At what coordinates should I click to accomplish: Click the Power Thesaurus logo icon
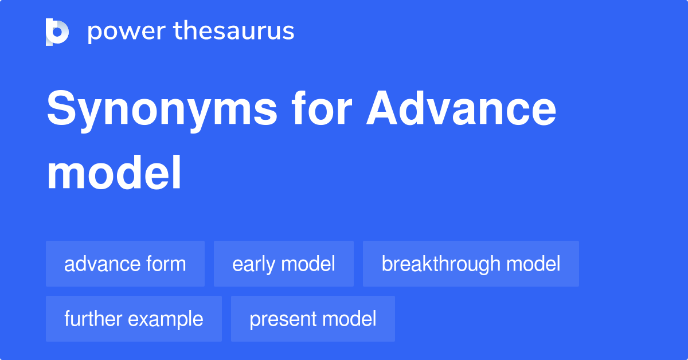tap(57, 32)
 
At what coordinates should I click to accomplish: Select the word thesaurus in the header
tap(234, 32)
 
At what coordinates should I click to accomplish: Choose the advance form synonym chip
tap(125, 264)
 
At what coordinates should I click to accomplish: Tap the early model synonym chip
tap(283, 264)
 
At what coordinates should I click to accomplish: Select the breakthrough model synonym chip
tap(471, 264)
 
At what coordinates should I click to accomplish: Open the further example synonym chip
tap(134, 319)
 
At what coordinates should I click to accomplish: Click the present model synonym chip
tap(312, 319)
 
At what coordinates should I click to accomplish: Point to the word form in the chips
tap(166, 264)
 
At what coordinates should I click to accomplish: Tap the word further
tap(92, 319)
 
